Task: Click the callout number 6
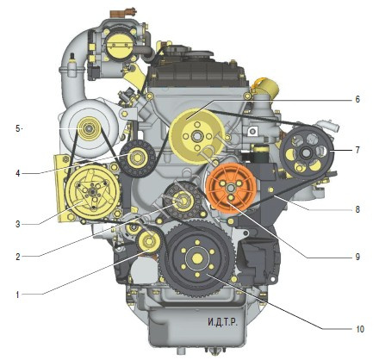(x=357, y=99)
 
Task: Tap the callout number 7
(x=357, y=150)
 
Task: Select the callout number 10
(x=360, y=329)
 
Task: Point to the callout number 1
(x=17, y=295)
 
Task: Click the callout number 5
(x=18, y=128)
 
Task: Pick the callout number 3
(x=18, y=224)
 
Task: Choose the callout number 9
(x=357, y=257)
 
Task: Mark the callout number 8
(x=357, y=209)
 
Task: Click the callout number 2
(x=18, y=257)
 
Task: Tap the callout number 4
(x=18, y=174)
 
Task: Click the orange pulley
(x=231, y=188)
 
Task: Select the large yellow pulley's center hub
(x=197, y=136)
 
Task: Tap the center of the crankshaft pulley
(x=197, y=258)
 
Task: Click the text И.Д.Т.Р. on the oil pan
(x=223, y=322)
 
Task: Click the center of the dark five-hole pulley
(x=306, y=152)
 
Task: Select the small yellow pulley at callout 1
(x=149, y=241)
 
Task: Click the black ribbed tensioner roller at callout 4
(x=137, y=158)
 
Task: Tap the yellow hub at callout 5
(x=90, y=128)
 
